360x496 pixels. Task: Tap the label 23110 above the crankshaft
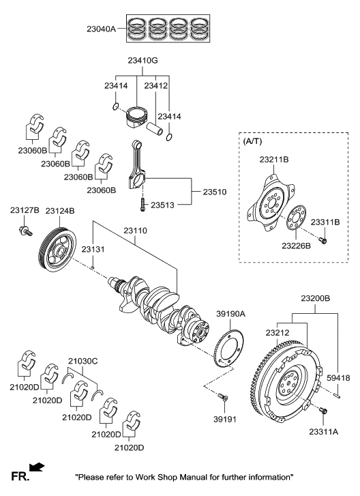pyautogui.click(x=138, y=232)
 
